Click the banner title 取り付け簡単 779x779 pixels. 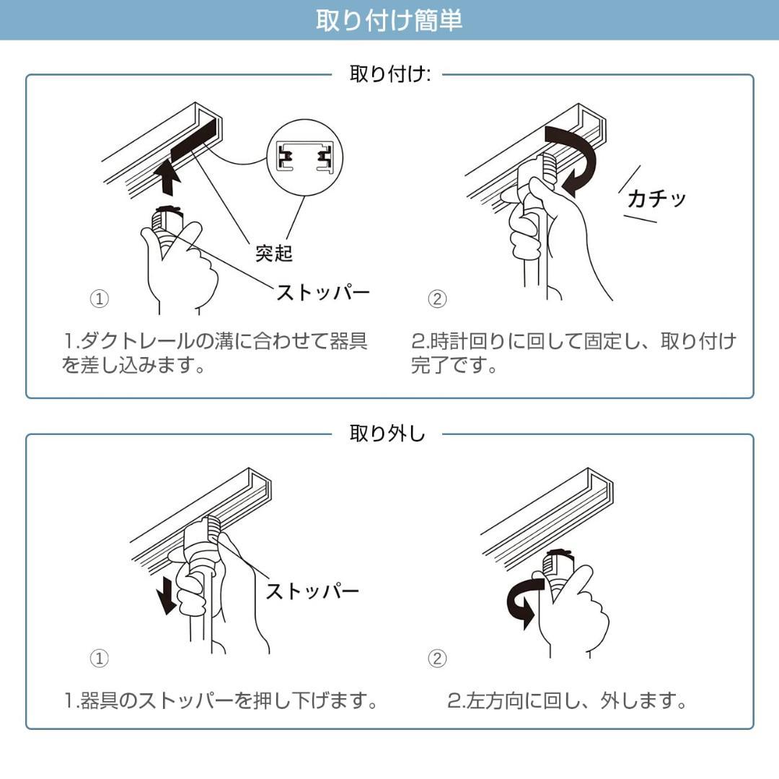[389, 19]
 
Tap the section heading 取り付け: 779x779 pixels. [389, 74]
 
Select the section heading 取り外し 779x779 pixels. [387, 433]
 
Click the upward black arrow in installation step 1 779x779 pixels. [167, 177]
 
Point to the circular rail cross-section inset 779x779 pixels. [304, 156]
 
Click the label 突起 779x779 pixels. [273, 253]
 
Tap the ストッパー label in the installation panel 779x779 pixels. [322, 292]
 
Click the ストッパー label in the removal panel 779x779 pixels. [312, 591]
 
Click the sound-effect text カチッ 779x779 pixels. [656, 198]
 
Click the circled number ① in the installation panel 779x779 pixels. [99, 299]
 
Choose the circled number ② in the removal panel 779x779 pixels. [437, 658]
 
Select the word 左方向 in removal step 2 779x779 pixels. [501, 700]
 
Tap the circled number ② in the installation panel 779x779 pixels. [437, 299]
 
